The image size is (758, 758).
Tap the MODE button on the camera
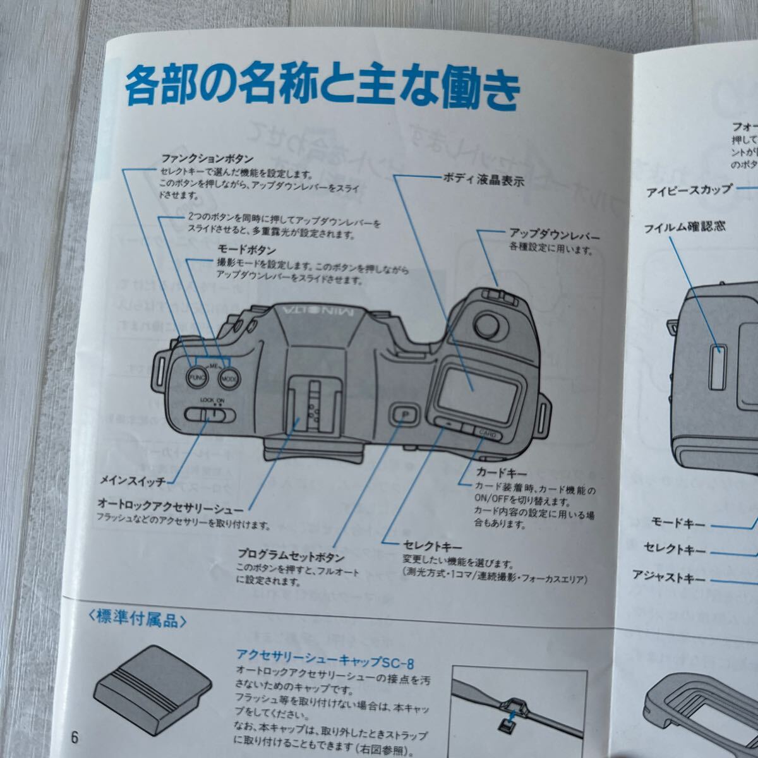click(229, 378)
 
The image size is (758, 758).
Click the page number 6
click(75, 738)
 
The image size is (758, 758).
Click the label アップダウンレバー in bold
click(554, 236)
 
